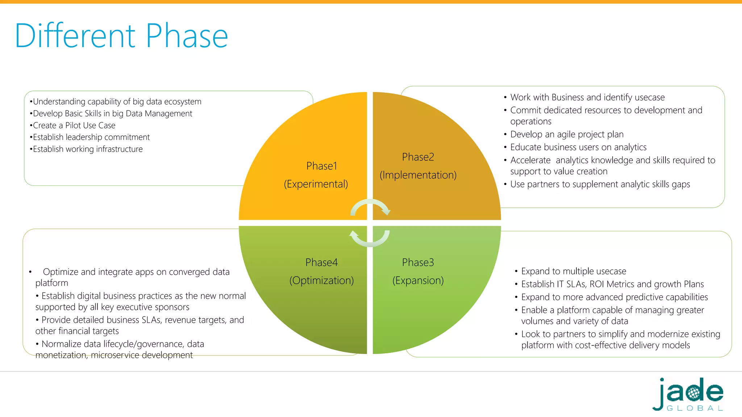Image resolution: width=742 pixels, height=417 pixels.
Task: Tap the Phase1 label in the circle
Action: [x=321, y=166]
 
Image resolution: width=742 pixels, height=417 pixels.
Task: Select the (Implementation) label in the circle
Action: [x=418, y=175]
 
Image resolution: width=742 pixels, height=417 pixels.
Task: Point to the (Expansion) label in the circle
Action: [x=418, y=280]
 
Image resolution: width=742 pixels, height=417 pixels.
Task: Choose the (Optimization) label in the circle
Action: [x=321, y=280]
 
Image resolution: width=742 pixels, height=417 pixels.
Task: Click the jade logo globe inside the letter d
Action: [x=693, y=393]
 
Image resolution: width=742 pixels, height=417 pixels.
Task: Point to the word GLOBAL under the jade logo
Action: [x=695, y=408]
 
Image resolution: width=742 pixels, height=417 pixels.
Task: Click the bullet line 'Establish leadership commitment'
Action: [x=91, y=137]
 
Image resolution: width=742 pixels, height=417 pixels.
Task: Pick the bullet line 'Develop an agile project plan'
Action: [x=567, y=134]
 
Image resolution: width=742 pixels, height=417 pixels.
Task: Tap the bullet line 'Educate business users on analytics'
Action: [x=578, y=147]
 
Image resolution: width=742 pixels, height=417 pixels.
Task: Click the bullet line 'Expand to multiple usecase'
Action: [x=574, y=271]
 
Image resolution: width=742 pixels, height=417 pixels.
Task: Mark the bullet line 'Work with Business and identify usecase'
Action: [x=587, y=97]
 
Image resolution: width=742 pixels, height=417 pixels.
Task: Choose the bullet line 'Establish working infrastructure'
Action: [x=88, y=149]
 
